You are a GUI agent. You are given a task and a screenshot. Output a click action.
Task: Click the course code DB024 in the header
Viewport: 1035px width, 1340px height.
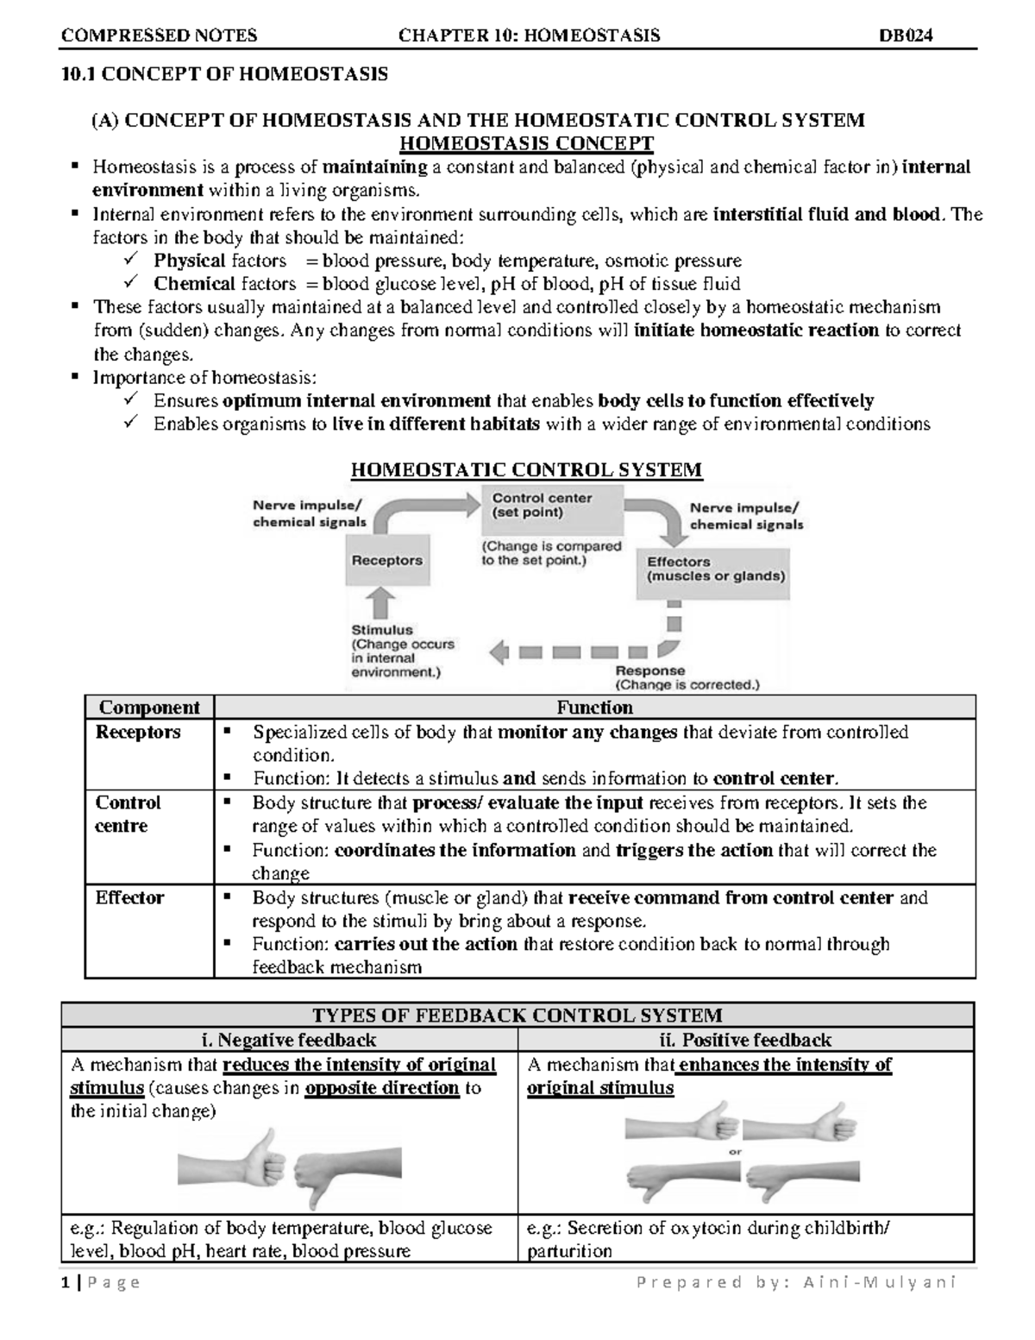tap(906, 35)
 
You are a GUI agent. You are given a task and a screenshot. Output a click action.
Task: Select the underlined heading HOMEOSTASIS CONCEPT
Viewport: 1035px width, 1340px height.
tap(528, 143)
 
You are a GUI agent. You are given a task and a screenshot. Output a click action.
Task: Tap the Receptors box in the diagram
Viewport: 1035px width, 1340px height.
tap(386, 560)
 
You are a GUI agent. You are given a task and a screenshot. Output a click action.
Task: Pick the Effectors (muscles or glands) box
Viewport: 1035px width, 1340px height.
tap(716, 569)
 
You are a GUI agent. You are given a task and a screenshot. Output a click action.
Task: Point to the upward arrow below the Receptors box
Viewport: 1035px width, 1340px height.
tap(382, 604)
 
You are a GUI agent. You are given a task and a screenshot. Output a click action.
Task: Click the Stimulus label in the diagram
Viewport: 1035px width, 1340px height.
tap(382, 630)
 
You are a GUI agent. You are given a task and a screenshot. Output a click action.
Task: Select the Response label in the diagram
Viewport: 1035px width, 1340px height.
tap(649, 670)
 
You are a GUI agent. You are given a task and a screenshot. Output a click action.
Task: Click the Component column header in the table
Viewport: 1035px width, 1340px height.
tap(149, 708)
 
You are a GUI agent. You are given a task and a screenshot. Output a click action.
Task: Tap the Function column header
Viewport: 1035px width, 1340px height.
tap(594, 708)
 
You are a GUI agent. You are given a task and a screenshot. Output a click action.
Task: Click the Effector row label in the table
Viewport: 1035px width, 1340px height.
tap(129, 897)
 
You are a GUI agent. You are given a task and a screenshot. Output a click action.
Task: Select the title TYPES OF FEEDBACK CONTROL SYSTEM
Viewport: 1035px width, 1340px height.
tap(517, 1016)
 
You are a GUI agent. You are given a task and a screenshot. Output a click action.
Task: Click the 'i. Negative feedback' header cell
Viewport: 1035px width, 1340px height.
tap(289, 1040)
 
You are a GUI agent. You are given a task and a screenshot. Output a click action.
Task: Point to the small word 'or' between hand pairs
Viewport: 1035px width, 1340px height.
tap(736, 1151)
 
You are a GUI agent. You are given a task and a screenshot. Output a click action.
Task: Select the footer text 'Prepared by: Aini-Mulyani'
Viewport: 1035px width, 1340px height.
tap(795, 1283)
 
